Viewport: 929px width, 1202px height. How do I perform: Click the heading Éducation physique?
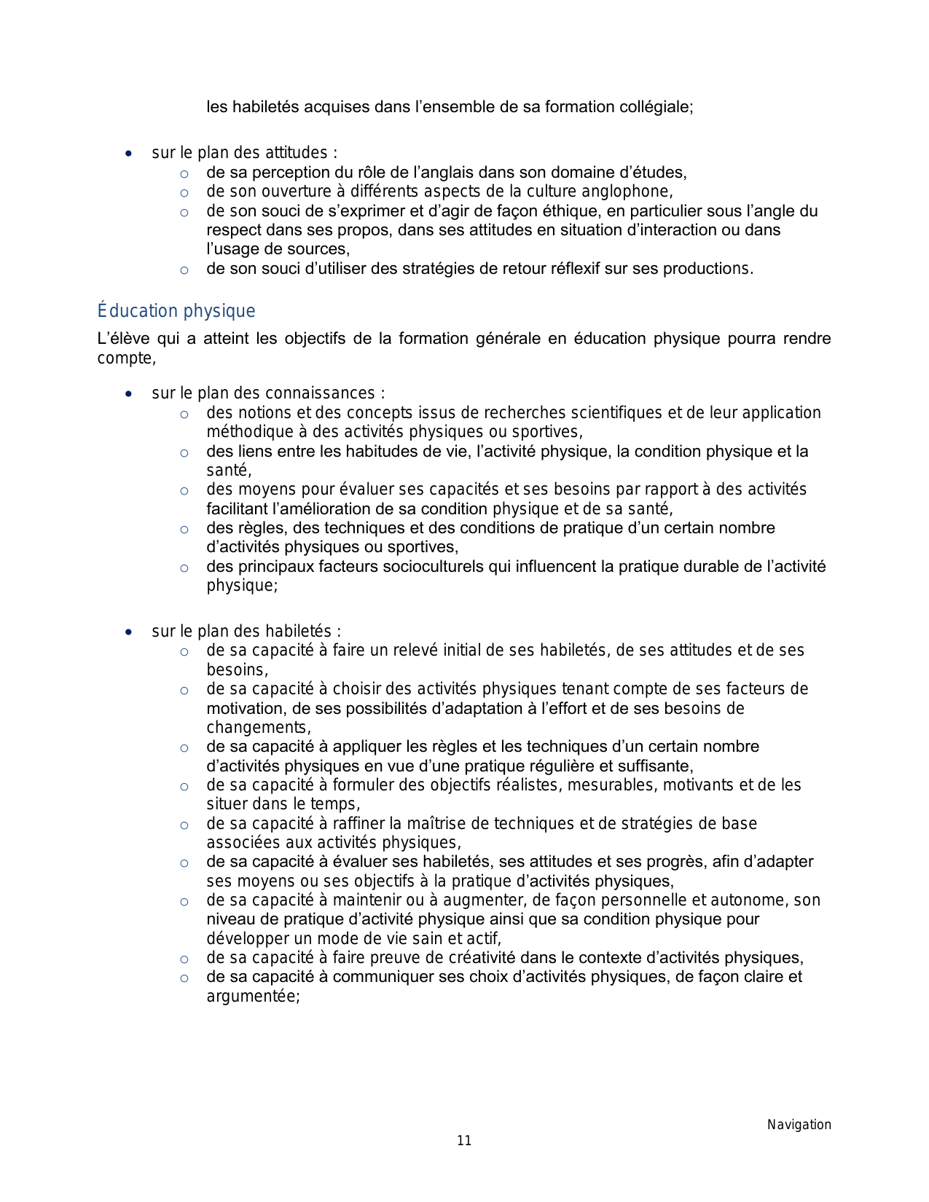tap(176, 311)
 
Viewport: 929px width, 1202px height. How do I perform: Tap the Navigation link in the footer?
tap(799, 1125)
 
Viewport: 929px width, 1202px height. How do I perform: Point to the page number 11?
tap(464, 1141)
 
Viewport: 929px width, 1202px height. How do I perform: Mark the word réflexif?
tap(569, 269)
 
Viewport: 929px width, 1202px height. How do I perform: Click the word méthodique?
tap(243, 432)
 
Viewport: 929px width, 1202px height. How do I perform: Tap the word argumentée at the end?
tap(251, 997)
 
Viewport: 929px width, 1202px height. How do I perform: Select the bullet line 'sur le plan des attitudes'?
tap(244, 153)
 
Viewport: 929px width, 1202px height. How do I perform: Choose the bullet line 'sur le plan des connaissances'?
tap(268, 393)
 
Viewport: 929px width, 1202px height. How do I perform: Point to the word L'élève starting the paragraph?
tap(123, 339)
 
